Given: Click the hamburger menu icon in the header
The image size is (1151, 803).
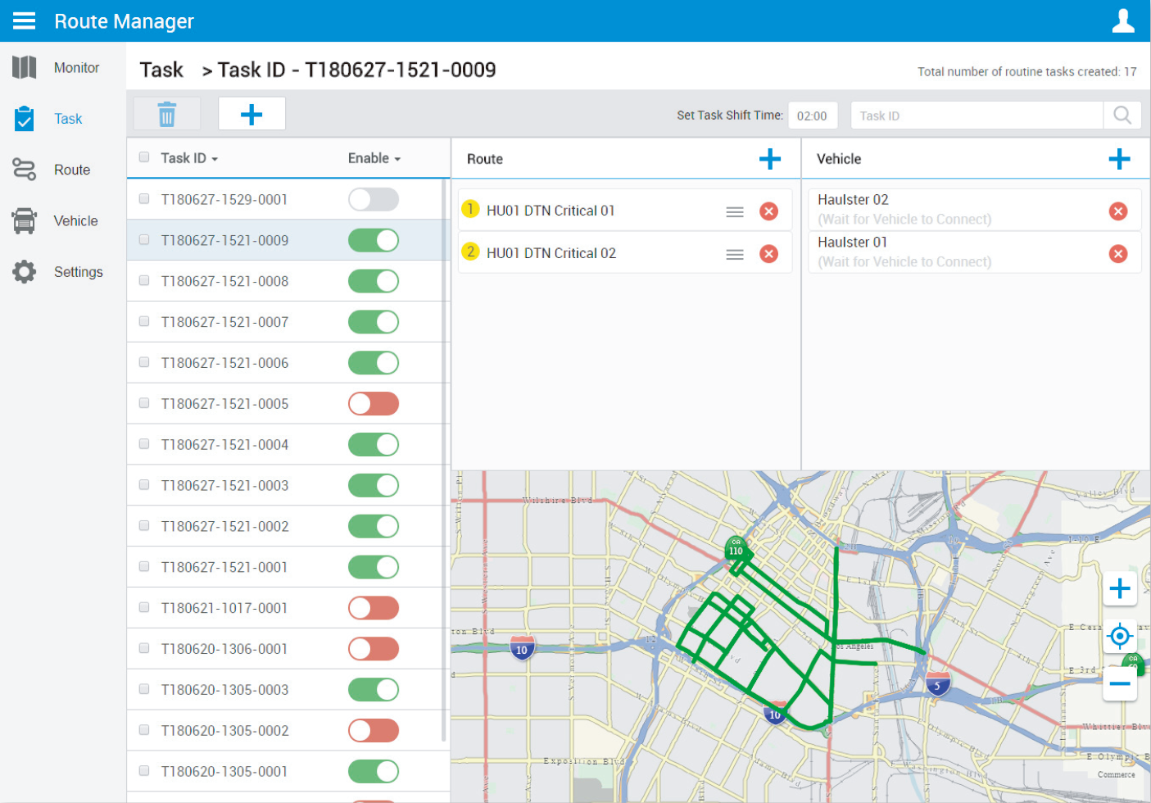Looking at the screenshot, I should point(24,20).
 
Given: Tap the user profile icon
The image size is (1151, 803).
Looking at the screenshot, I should point(1122,20).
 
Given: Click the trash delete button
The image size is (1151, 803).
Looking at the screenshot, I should point(167,114).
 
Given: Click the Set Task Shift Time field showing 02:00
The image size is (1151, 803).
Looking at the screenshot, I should point(812,116).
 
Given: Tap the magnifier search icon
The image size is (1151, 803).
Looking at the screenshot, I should point(1122,116).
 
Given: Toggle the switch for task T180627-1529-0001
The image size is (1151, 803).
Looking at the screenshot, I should point(374,199).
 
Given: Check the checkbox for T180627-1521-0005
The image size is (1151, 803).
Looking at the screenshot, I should point(144,403).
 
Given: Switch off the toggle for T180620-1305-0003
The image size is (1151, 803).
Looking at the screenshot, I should point(374,690).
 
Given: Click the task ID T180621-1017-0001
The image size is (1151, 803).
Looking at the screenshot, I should point(224,608).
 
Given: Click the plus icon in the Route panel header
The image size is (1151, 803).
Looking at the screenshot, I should point(769,159).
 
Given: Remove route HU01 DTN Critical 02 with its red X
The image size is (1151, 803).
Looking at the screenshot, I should point(768,254).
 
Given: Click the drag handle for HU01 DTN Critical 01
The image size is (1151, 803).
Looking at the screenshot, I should point(735,211).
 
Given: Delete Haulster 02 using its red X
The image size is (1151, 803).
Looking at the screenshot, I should point(1117,211).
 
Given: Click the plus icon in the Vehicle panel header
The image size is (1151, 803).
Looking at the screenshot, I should point(1119,159).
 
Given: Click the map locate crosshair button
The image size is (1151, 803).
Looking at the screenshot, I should point(1119,636).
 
